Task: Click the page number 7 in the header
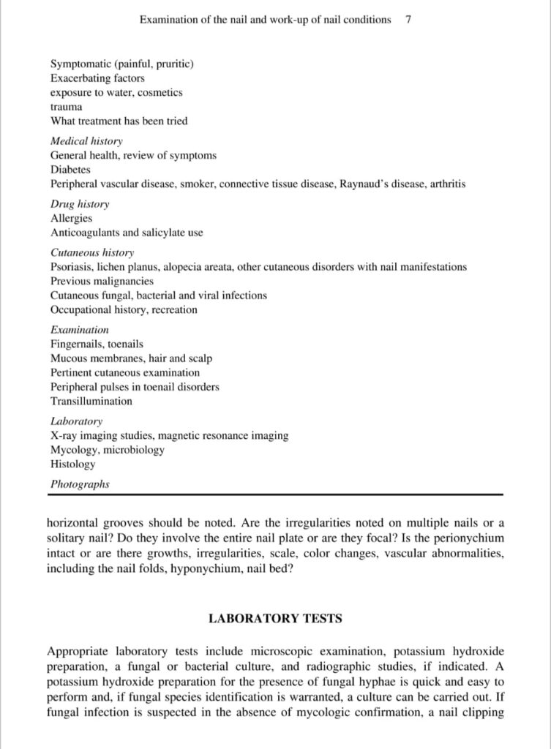click(x=408, y=20)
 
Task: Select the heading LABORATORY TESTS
click(x=275, y=618)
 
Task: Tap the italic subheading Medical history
click(x=86, y=140)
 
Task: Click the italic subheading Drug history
click(x=80, y=204)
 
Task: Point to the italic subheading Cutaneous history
click(x=92, y=252)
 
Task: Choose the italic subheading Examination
click(x=79, y=330)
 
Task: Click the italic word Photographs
click(x=80, y=484)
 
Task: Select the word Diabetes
click(x=70, y=170)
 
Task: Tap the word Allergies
click(x=71, y=218)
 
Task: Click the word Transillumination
click(x=91, y=402)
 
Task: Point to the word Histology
click(x=72, y=464)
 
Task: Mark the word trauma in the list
click(x=66, y=107)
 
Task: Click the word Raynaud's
click(x=364, y=184)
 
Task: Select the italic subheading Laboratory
click(x=76, y=421)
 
